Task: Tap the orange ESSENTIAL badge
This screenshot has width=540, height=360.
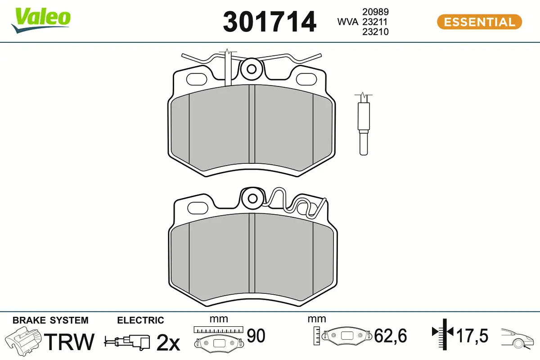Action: pyautogui.click(x=479, y=22)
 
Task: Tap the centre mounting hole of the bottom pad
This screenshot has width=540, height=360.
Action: pyautogui.click(x=252, y=198)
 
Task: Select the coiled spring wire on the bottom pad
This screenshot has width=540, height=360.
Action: pyautogui.click(x=292, y=205)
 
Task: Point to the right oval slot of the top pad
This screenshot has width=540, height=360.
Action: pyautogui.click(x=306, y=79)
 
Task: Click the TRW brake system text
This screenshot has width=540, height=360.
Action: pyautogui.click(x=71, y=342)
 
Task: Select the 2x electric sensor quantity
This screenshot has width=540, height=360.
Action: pyautogui.click(x=168, y=343)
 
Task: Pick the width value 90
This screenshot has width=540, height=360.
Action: pyautogui.click(x=256, y=336)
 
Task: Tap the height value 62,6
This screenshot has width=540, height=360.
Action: pyautogui.click(x=391, y=336)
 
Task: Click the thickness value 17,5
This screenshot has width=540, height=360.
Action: pyautogui.click(x=472, y=336)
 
